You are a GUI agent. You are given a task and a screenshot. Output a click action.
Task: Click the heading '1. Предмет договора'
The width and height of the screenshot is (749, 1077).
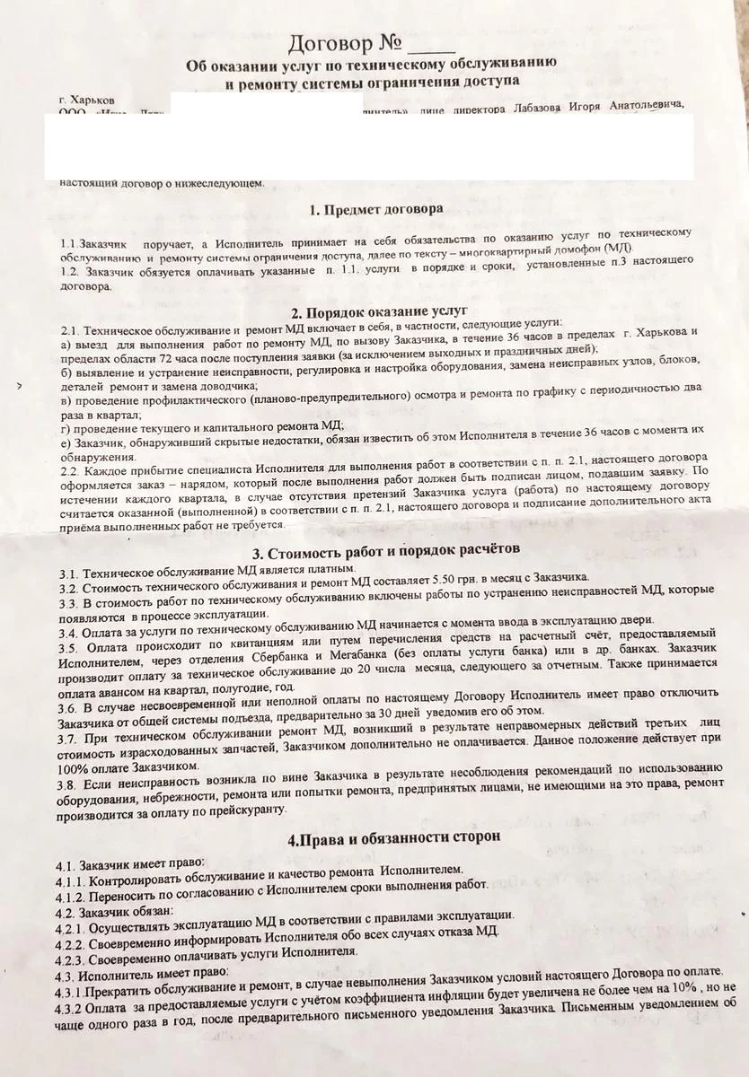point(374,210)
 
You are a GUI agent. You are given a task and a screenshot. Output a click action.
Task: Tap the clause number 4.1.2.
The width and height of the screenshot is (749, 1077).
point(72,885)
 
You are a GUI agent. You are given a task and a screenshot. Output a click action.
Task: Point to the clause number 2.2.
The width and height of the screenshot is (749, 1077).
point(69,470)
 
